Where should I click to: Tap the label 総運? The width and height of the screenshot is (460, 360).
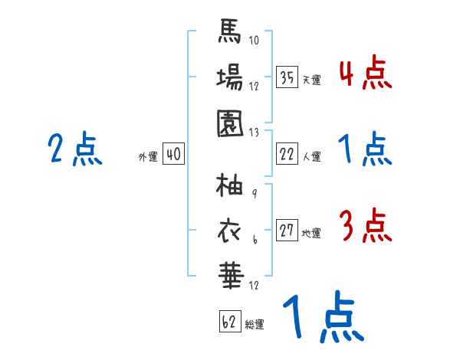pyautogui.click(x=255, y=325)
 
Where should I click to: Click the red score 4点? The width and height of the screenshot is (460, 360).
pyautogui.click(x=365, y=74)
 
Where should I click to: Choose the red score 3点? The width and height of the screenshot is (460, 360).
pyautogui.click(x=365, y=226)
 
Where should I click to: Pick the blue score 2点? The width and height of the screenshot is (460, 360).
pyautogui.click(x=75, y=149)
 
